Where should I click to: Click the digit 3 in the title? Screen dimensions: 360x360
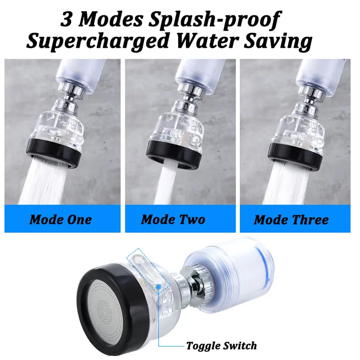pos(67,20)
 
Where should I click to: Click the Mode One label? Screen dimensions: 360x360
pos(60,219)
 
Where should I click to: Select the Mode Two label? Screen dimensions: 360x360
pos(173,219)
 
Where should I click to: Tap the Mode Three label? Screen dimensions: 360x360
pos(291,220)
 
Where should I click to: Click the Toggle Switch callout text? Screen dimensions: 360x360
pos(221,345)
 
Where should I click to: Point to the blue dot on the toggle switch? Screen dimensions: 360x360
pos(158,287)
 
